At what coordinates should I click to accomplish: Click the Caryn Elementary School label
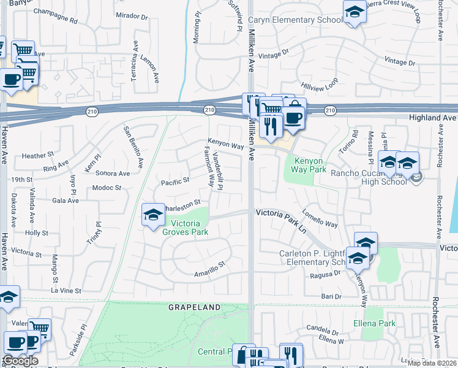coord(296,20)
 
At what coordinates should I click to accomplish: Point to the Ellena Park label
coord(374,323)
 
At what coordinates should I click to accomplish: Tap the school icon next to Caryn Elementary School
coord(354,12)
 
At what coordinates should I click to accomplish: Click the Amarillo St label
coord(210,268)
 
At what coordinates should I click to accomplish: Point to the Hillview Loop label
coord(320,84)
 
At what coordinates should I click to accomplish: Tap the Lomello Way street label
coord(320,221)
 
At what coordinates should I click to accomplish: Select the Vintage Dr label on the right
coord(399,62)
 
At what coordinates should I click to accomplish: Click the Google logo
coord(21,361)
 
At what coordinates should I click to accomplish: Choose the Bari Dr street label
coord(331,296)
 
